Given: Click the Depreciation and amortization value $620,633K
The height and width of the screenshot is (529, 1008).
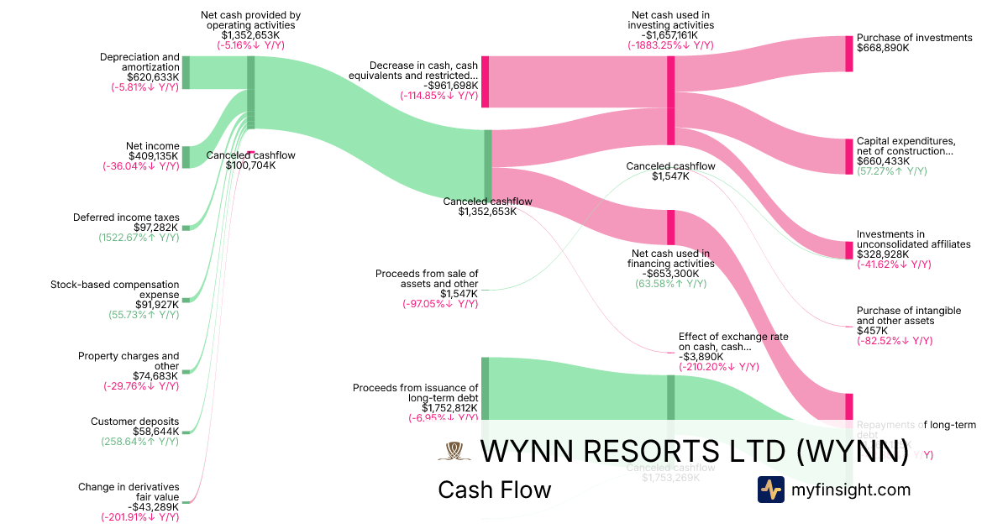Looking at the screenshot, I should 150,77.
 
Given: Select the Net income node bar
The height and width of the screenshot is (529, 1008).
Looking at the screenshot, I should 186,156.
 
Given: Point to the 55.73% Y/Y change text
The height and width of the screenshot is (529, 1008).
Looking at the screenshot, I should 144,315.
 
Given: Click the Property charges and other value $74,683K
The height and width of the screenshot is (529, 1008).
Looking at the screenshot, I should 155,375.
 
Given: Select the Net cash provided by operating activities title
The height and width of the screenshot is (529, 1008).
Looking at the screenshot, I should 250,20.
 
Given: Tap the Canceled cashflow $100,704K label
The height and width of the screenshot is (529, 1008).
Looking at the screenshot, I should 250,160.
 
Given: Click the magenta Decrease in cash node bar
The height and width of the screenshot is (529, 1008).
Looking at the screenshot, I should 486,82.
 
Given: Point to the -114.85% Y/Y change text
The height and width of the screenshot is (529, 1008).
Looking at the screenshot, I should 439,96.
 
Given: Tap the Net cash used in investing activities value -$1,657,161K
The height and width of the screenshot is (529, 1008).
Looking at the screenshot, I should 670,35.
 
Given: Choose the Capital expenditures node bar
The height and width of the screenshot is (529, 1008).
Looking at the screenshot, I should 848,156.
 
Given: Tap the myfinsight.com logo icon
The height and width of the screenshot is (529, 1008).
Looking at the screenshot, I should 771,490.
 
